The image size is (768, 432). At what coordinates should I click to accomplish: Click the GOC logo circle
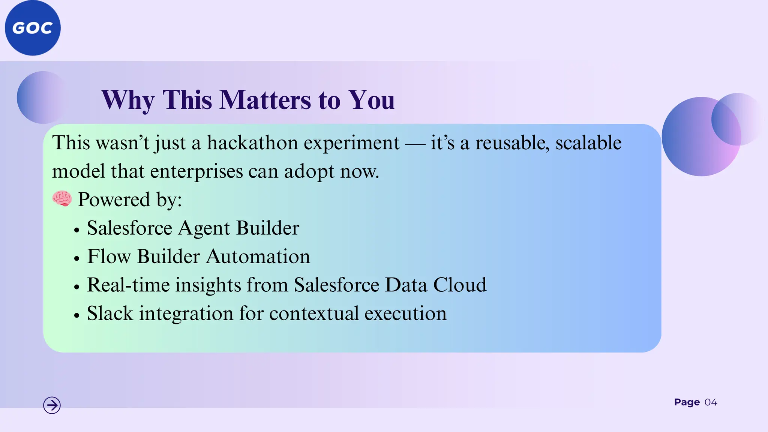[33, 28]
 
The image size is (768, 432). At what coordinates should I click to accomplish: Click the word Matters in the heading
[265, 100]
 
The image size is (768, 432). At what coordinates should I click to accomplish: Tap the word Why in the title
[128, 100]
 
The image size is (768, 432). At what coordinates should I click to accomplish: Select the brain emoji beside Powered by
[62, 199]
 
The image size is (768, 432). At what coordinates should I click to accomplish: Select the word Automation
[258, 257]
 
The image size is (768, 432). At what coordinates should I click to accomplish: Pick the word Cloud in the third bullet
[459, 285]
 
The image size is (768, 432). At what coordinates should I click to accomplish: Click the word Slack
[110, 313]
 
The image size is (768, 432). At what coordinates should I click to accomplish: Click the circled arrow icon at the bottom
[52, 405]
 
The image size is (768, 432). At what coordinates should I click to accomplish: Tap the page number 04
[711, 402]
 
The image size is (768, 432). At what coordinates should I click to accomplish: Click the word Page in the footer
[687, 402]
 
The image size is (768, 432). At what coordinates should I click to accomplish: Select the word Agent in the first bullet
[204, 228]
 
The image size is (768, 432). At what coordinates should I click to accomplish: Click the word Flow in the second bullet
[109, 257]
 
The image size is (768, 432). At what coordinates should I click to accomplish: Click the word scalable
[588, 143]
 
